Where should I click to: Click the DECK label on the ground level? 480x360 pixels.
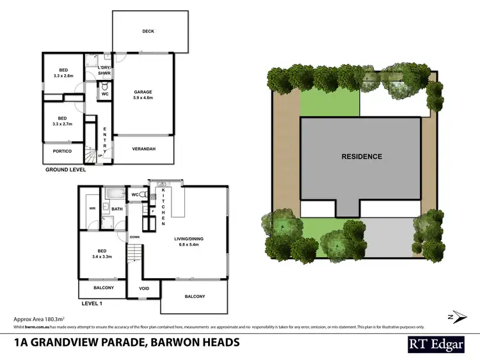coord(150,31)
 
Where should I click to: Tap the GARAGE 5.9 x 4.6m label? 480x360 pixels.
coord(143,95)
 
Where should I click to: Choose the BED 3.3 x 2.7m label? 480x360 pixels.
coord(63,121)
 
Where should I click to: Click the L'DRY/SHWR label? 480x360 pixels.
coord(104,70)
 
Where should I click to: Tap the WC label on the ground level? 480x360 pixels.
coord(105,93)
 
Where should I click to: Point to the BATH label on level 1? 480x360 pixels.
coord(117,209)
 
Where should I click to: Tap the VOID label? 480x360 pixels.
coord(144,288)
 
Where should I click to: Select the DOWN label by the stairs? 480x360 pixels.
coord(134,237)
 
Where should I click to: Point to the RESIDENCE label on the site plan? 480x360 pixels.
coord(362,157)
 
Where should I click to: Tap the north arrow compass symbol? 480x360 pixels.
coord(452,317)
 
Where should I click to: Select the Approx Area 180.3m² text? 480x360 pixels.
coord(42,318)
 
